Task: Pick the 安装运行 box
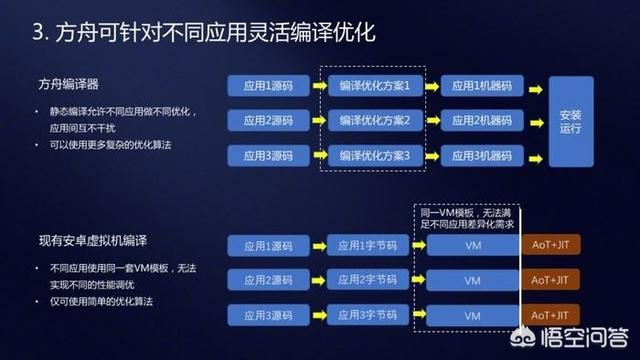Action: coord(570,121)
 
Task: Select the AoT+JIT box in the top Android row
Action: coord(550,246)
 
